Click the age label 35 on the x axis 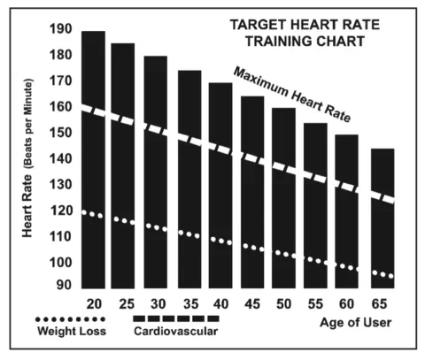188,303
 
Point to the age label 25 124,303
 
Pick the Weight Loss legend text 72,332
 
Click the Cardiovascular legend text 177,332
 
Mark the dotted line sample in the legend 71,318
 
